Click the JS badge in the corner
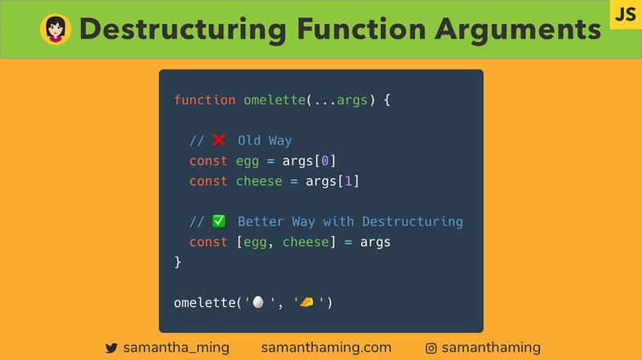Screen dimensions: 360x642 tap(626, 15)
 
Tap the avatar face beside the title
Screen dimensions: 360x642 tap(56, 30)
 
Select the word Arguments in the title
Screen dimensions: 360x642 tap(515, 30)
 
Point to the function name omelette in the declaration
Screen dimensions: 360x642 tap(274, 100)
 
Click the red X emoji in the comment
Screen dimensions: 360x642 tap(218, 140)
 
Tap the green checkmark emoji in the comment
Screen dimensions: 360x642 tap(218, 221)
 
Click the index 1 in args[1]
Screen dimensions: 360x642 tap(348, 181)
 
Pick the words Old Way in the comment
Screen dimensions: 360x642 tap(265, 141)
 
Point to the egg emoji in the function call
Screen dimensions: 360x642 tap(258, 302)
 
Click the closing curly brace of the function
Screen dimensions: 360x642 tap(177, 262)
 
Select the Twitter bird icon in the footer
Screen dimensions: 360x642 tap(112, 349)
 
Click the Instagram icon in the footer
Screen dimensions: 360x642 tap(431, 349)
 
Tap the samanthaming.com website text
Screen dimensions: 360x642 tap(326, 348)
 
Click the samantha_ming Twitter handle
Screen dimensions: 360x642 tap(176, 348)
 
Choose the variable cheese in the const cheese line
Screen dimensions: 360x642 tap(259, 181)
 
